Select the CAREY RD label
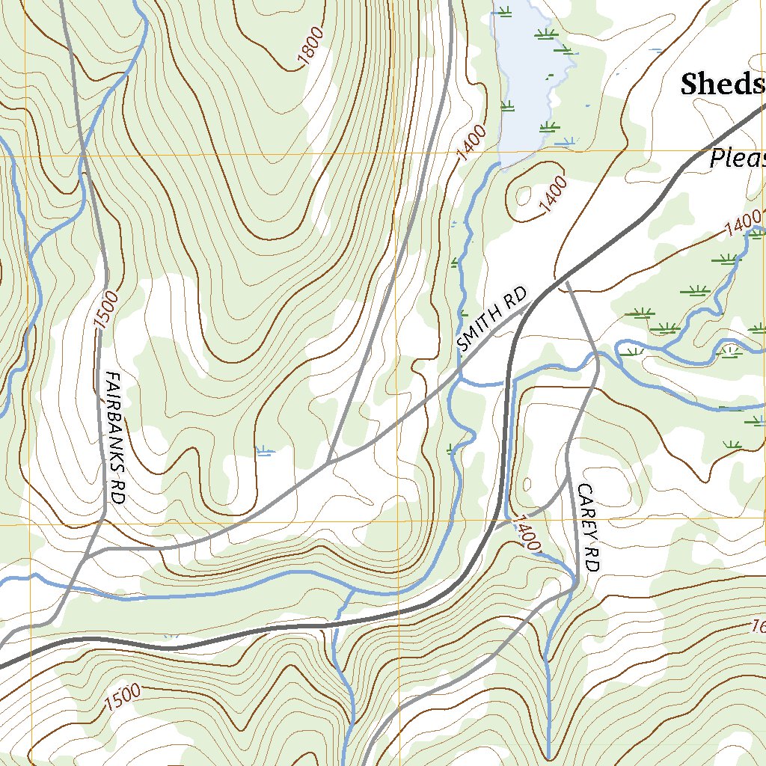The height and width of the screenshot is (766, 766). [x=589, y=527]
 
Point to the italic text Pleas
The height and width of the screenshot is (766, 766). [x=737, y=158]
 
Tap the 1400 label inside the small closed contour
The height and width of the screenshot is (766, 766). [x=552, y=191]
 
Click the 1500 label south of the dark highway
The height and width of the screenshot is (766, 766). [x=123, y=697]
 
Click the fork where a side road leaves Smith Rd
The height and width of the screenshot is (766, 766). [x=329, y=462]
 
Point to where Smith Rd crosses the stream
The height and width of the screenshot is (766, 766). [x=459, y=372]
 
